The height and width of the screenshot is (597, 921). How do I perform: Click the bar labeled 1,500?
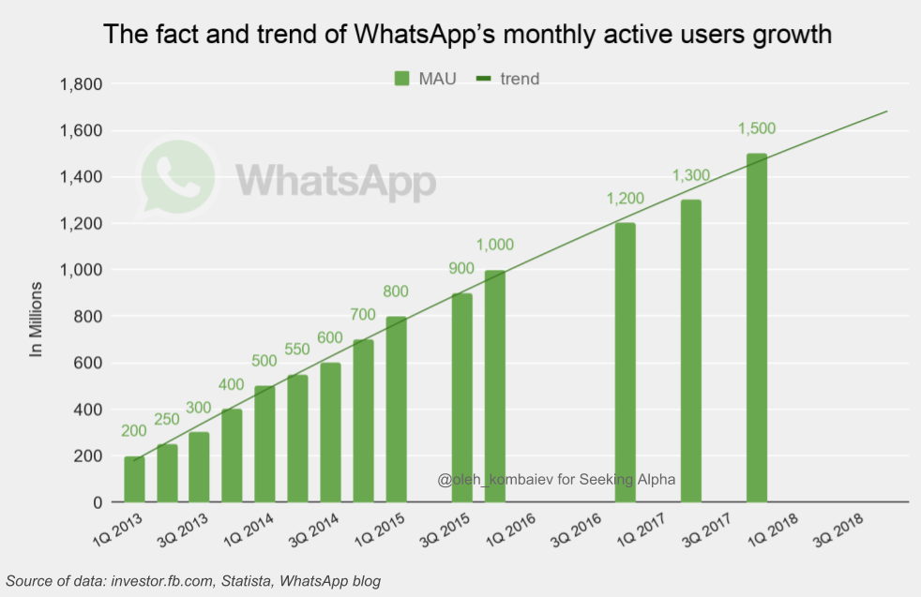pos(757,328)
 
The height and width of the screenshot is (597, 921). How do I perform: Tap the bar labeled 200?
pos(134,479)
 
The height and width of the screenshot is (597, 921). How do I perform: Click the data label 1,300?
pos(691,175)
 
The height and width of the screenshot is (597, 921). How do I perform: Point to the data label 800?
pos(397,291)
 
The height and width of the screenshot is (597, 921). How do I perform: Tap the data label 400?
pos(233,385)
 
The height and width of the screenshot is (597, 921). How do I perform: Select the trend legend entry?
pos(509,79)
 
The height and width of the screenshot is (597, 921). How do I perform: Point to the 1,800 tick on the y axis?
pos(81,84)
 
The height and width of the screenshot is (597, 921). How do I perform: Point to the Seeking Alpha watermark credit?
pos(556,479)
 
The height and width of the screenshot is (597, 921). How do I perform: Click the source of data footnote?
pos(193,582)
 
